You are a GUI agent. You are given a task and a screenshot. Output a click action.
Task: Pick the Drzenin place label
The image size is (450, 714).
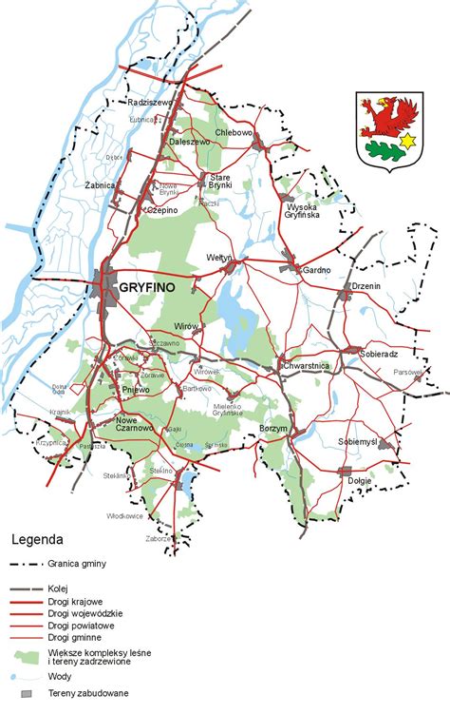click(x=366, y=286)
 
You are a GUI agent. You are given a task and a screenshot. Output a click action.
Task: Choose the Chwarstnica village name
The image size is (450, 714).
click(x=305, y=365)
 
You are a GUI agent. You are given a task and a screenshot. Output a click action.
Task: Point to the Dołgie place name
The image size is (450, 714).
click(x=360, y=481)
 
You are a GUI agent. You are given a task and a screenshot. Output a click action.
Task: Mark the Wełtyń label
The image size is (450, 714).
click(x=218, y=258)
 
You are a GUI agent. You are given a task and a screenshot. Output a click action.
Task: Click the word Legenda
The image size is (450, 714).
click(x=37, y=538)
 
